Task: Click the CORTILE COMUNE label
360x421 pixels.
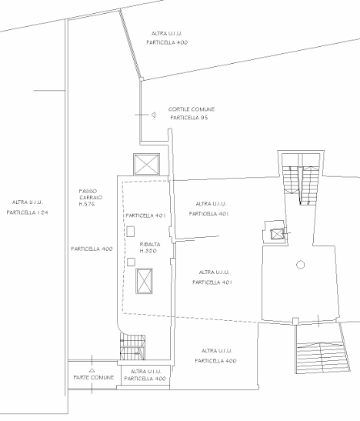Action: (x=192, y=109)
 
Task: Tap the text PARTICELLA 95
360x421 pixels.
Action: (x=189, y=118)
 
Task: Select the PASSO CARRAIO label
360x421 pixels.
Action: (x=91, y=195)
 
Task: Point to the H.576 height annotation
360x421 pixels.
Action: (x=87, y=204)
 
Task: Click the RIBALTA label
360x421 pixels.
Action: (x=150, y=244)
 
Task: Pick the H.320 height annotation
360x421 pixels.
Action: (x=148, y=251)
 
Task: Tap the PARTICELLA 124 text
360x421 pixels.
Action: (x=27, y=212)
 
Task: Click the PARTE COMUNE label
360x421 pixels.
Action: (x=94, y=377)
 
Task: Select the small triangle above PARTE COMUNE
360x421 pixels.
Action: (x=92, y=370)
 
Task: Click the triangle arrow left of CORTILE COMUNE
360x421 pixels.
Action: (x=153, y=115)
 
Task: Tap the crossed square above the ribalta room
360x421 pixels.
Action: (x=146, y=164)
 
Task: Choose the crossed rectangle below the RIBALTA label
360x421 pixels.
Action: (x=145, y=281)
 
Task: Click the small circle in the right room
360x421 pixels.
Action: (x=301, y=265)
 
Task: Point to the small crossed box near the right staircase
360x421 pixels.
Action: (x=277, y=234)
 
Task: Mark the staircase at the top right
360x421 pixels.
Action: (x=301, y=185)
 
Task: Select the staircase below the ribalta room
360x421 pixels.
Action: (x=132, y=347)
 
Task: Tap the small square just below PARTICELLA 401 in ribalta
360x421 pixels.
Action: (x=130, y=232)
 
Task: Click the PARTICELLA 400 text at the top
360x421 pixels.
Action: (x=167, y=42)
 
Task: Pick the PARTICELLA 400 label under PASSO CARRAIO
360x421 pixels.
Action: (x=92, y=249)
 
